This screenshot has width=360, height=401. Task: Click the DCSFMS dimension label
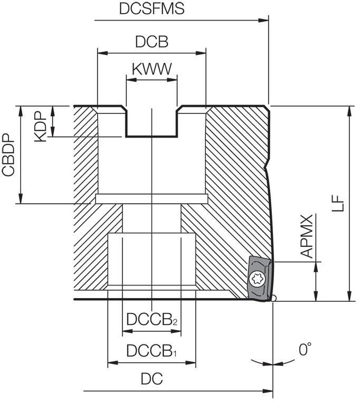click(x=151, y=9)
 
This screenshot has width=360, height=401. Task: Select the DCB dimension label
click(x=151, y=42)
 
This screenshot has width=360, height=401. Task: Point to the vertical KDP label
click(x=41, y=125)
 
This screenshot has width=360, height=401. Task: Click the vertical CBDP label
click(x=8, y=155)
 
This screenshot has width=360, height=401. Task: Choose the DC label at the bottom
click(x=151, y=379)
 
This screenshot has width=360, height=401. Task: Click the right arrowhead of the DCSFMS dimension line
click(x=266, y=21)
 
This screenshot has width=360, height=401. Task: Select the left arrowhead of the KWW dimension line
click(x=129, y=80)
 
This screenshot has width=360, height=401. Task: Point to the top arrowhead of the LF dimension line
click(x=349, y=109)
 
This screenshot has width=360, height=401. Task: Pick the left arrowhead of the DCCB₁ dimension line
click(x=111, y=363)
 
